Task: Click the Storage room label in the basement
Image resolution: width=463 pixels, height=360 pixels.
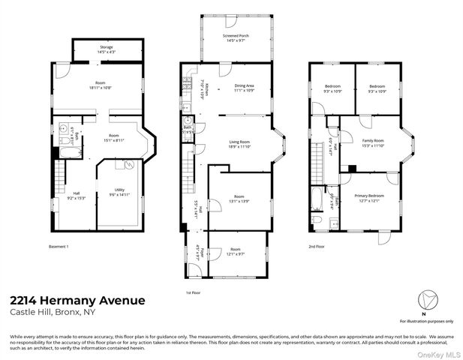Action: click(x=107, y=49)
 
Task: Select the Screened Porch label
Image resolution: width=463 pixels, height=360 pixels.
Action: click(x=236, y=39)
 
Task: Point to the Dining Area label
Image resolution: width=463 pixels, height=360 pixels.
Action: click(x=245, y=88)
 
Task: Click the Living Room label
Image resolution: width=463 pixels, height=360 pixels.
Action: click(x=239, y=144)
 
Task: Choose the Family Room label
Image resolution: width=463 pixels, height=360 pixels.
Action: click(x=373, y=143)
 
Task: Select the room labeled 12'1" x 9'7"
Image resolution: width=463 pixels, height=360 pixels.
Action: click(x=236, y=251)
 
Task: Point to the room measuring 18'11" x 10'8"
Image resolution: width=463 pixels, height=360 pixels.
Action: click(x=100, y=85)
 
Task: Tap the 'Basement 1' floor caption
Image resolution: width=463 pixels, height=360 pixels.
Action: click(x=59, y=247)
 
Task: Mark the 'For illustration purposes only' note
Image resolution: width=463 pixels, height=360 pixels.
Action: click(x=425, y=320)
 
